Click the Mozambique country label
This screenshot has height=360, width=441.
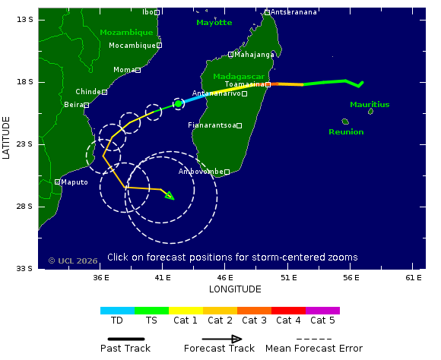click(x=126, y=33)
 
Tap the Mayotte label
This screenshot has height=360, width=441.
click(x=214, y=23)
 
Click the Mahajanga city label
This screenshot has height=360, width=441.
click(x=255, y=55)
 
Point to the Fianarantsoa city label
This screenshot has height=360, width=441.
click(x=211, y=125)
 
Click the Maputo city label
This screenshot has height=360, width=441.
click(x=75, y=182)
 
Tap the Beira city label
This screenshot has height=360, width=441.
click(x=73, y=105)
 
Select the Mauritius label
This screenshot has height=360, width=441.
click(x=370, y=105)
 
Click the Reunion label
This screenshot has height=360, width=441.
click(x=346, y=132)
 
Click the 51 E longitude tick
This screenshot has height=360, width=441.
click(x=288, y=278)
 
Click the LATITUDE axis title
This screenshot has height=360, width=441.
click(x=7, y=137)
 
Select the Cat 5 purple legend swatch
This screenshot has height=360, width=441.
click(x=322, y=311)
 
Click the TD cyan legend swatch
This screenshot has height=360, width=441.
click(x=117, y=311)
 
